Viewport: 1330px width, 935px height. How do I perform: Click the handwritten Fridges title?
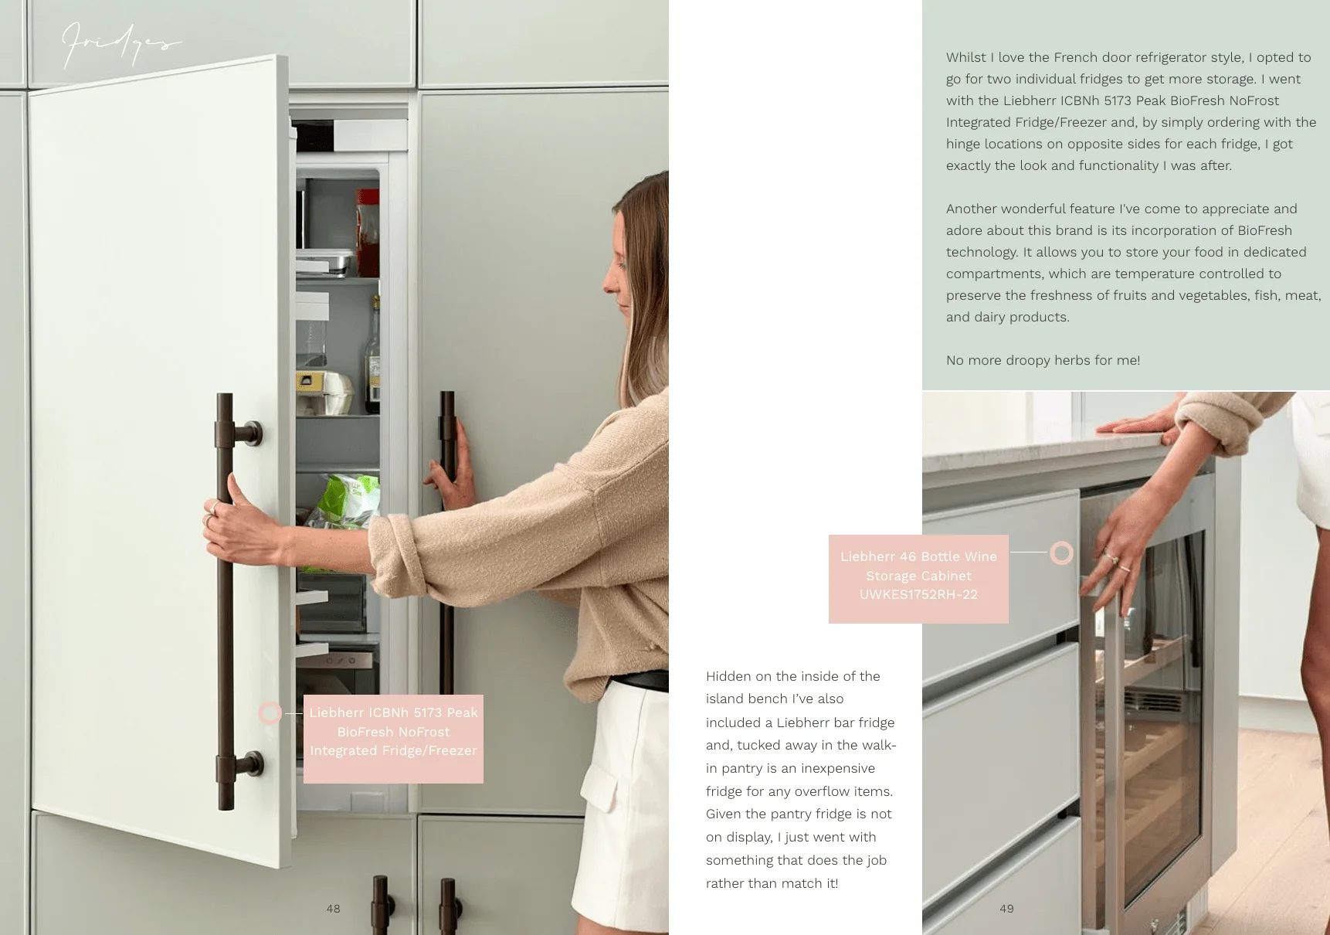coord(121,45)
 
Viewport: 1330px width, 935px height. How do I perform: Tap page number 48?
coord(333,909)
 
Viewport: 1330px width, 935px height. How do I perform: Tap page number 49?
coord(1006,909)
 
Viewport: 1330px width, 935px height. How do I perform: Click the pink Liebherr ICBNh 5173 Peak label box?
coord(393,739)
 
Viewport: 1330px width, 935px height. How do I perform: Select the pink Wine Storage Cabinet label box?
coord(918,579)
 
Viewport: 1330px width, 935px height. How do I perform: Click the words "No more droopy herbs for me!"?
coord(1043,360)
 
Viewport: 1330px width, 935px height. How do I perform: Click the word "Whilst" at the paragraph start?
coord(966,57)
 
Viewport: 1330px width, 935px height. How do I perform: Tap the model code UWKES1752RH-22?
coord(918,594)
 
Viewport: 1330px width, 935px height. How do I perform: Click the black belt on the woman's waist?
coord(640,681)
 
